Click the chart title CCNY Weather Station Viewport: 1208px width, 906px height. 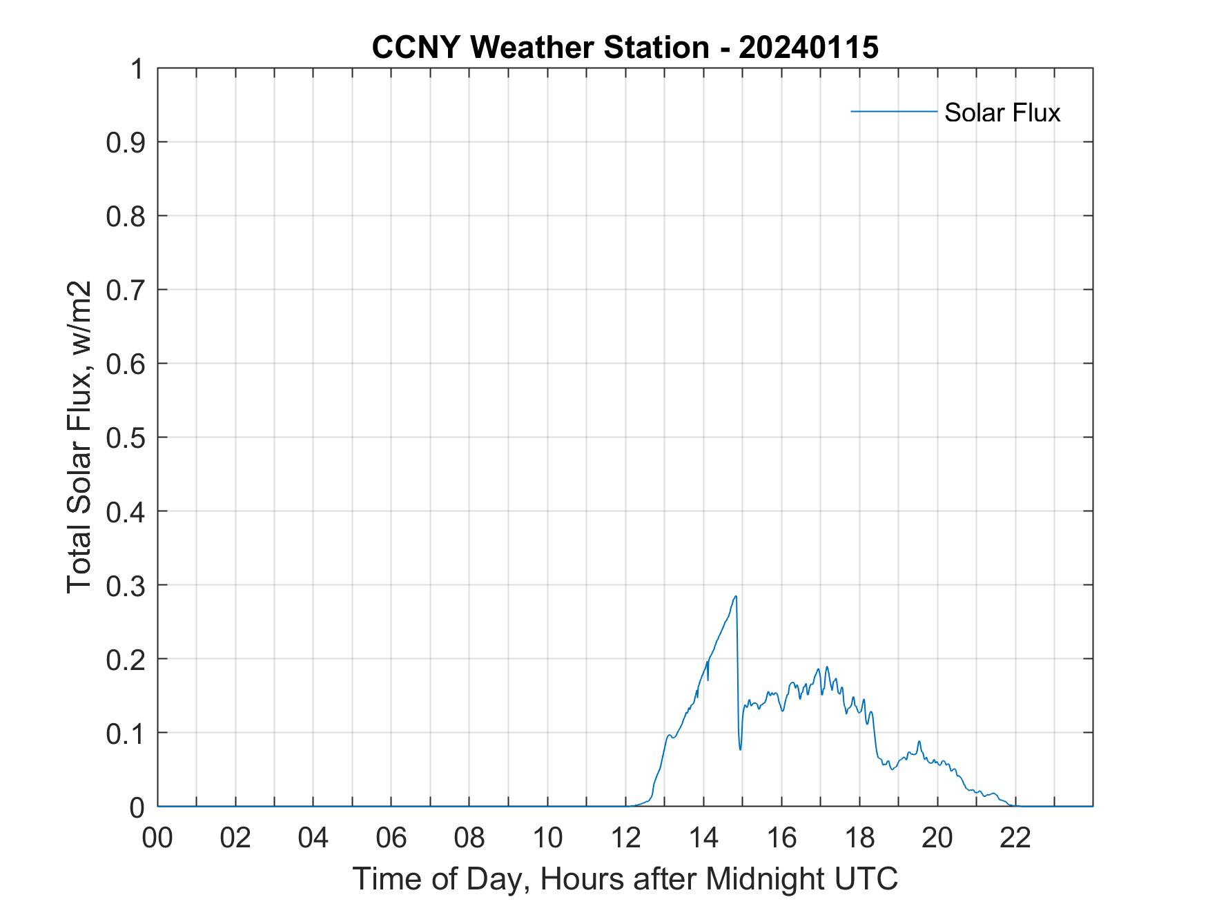(540, 48)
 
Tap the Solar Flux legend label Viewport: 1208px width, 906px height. (1002, 112)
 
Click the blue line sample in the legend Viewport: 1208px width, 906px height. (893, 111)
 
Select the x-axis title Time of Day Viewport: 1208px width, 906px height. (625, 878)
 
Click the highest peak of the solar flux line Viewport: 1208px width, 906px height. (736, 596)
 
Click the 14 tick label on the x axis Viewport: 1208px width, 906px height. (703, 838)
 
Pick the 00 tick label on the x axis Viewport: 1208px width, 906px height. (157, 838)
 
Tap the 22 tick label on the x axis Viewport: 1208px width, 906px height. (1015, 838)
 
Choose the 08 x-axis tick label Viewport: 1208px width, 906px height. (469, 838)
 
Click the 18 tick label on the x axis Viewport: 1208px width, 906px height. (859, 838)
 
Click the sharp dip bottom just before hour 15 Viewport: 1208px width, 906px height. (740, 749)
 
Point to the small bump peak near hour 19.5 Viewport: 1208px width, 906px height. (919, 742)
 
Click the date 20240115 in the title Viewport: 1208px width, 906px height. (808, 48)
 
